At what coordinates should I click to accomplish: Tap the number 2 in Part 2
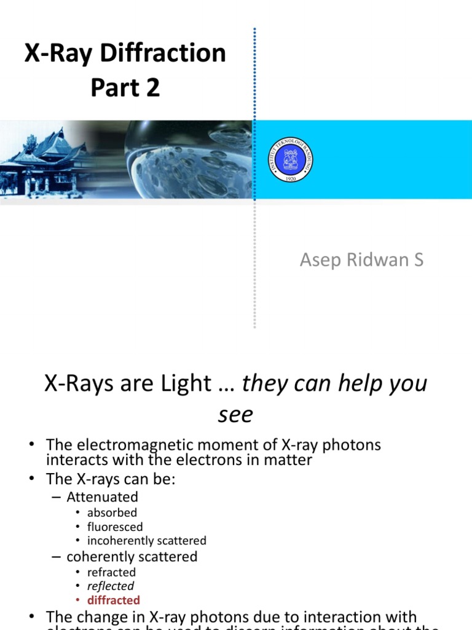point(153,87)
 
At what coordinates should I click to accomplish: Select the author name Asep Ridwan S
point(361,260)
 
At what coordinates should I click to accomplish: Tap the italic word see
point(235,415)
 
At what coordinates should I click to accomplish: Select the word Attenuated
point(102,496)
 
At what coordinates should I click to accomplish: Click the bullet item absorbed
point(112,512)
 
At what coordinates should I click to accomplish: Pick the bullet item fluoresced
point(115,527)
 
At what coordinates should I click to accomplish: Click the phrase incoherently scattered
point(146,541)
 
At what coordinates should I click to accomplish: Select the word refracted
point(111,572)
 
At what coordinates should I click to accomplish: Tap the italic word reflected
point(111,586)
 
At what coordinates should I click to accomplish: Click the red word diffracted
point(114,600)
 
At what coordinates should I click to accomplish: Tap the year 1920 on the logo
point(291,177)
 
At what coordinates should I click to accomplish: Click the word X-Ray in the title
point(58,54)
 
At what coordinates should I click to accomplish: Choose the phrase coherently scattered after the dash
point(132,557)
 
